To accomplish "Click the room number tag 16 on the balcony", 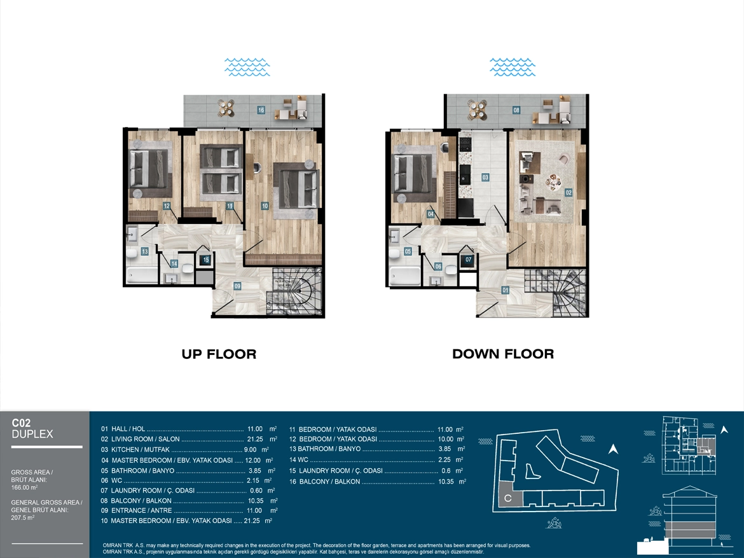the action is tap(261, 109).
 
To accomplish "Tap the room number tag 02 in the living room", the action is tap(568, 192).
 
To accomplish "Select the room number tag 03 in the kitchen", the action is tap(485, 177).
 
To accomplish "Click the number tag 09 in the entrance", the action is tap(237, 286).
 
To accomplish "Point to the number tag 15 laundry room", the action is tap(205, 260).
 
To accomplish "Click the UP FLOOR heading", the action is tap(219, 354).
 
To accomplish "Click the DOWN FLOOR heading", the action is tap(503, 354).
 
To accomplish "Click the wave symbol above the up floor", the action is tap(247, 67).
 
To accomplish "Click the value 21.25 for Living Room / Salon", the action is tap(256, 439).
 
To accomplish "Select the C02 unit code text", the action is tap(22, 422).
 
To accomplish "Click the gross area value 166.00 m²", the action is tap(25, 487).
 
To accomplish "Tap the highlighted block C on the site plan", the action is tap(507, 499).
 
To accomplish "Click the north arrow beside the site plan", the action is tap(614, 449).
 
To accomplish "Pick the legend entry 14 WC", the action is tap(299, 459).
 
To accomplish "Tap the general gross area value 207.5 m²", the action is tap(23, 518).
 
